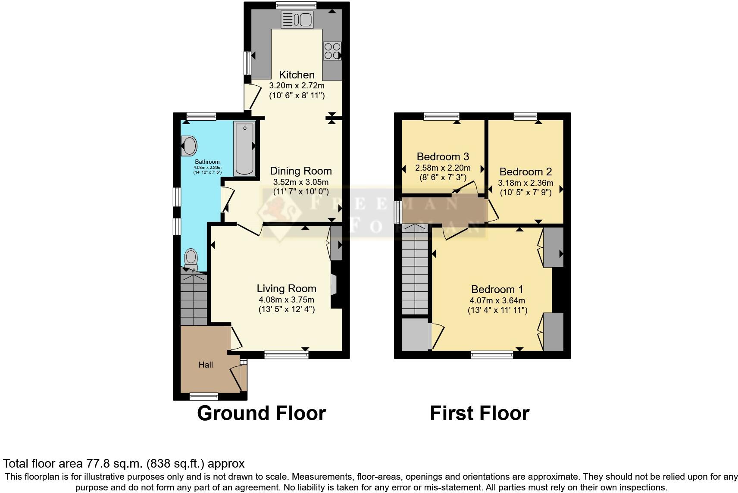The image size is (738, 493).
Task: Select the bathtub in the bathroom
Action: pos(244,148)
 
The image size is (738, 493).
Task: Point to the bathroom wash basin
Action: pos(189,145)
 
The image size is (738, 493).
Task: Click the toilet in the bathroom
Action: pos(191,259)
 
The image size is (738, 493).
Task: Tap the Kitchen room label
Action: pos(297,75)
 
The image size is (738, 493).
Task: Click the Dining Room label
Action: pos(301,171)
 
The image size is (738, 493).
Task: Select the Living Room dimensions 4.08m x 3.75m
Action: pos(286,300)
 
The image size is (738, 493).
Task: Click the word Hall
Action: pos(206,365)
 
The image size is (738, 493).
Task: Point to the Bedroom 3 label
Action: pos(443,156)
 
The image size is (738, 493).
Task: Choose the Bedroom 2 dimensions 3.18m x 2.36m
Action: pos(525,183)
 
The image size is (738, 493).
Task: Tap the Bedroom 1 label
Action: pos(497,289)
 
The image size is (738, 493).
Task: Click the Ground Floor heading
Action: pos(261,413)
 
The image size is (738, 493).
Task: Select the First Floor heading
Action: pos(479,413)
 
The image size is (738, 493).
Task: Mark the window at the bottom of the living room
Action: pos(286,355)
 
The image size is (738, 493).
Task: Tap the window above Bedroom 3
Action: pos(441,115)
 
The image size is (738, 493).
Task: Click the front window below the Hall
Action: pos(204,396)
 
